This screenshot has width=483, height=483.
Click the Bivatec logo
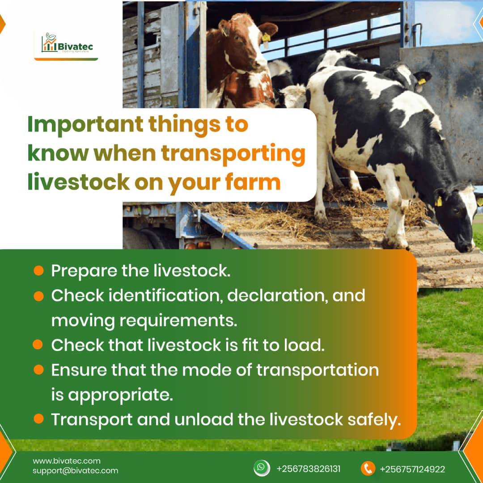tap(66, 44)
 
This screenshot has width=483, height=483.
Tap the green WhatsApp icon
tap(262, 468)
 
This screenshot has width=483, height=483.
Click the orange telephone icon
tap(368, 468)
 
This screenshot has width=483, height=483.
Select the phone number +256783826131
tap(309, 469)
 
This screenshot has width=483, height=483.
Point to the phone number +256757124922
tap(412, 469)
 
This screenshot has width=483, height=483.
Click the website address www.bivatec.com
tap(66, 461)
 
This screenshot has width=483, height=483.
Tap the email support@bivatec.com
tap(75, 470)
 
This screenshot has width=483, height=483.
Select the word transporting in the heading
tap(233, 153)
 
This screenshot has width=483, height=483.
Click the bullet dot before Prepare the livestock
tap(38, 271)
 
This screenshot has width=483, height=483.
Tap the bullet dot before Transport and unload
tap(38, 419)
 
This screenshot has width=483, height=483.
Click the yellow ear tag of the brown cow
tap(266, 38)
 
